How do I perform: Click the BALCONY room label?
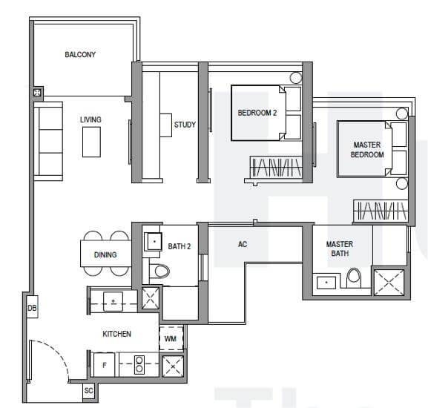(80, 55)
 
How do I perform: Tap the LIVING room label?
(90, 119)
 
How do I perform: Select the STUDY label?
(185, 125)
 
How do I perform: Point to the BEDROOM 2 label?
(257, 113)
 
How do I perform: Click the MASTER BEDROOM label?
(367, 150)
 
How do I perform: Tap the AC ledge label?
(243, 244)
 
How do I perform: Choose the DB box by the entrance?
(32, 308)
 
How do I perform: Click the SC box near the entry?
(88, 391)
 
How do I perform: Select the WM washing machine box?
(171, 339)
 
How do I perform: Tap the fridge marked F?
(104, 365)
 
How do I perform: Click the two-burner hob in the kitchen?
(139, 365)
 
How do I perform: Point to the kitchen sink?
(113, 301)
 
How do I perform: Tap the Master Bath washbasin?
(326, 283)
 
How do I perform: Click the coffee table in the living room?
(91, 142)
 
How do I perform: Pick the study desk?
(165, 125)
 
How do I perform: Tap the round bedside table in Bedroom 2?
(296, 78)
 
